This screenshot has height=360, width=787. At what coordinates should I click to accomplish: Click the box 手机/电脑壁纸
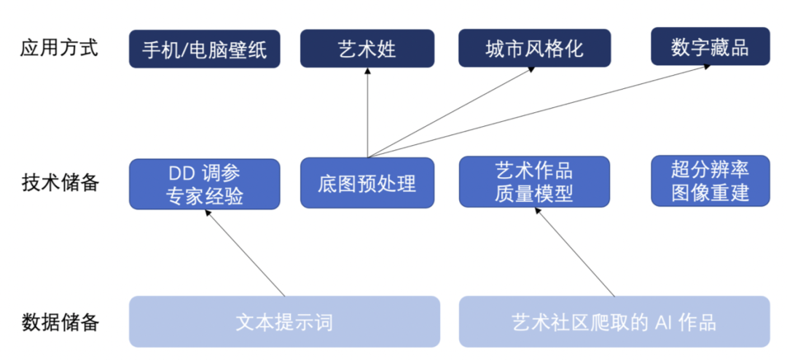(x=205, y=49)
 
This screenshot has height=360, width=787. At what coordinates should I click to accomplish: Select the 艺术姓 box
(x=367, y=49)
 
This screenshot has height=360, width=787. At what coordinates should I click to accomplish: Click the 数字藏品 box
(x=710, y=48)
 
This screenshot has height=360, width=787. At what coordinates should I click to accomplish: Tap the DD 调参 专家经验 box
(x=205, y=184)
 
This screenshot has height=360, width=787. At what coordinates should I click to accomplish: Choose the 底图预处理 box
(x=367, y=183)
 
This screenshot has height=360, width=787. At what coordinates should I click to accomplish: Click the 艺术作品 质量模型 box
(x=534, y=183)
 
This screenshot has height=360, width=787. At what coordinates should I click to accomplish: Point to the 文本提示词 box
(x=284, y=321)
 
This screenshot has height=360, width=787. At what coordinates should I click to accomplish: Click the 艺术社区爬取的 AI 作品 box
(x=614, y=321)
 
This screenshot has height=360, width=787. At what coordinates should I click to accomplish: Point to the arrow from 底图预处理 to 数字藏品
(x=539, y=110)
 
